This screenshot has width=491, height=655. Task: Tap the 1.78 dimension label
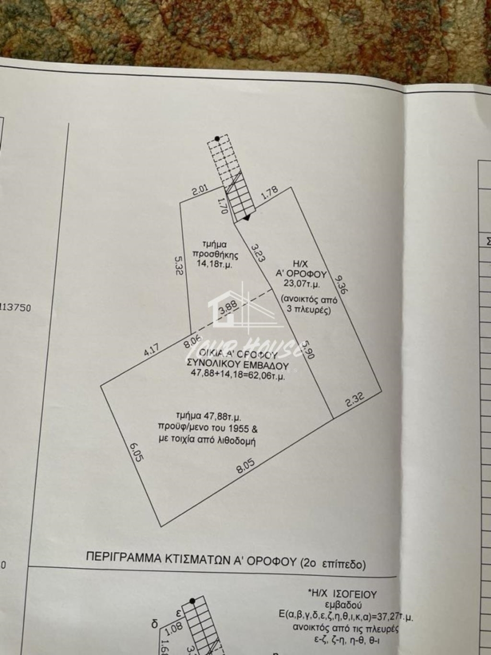(x=270, y=193)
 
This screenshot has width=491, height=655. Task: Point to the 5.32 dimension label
(x=178, y=266)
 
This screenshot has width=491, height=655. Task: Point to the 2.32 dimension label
(x=355, y=401)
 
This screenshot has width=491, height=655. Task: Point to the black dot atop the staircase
(x=217, y=139)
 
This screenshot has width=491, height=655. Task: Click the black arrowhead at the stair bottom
(x=247, y=217)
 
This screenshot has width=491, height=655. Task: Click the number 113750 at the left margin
(x=16, y=307)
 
